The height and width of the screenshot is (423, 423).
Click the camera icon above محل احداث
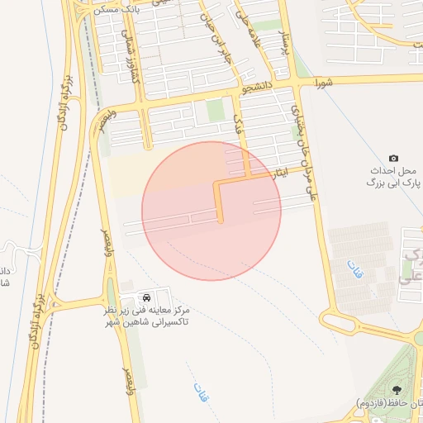pos(393,158)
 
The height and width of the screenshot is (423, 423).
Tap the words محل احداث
pos(395,171)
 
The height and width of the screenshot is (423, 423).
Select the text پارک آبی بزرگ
pos(395,183)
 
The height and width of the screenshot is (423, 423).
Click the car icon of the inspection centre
pos(146,295)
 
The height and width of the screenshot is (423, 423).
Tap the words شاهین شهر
pos(153,321)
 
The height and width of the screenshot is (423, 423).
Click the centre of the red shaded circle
pos(211,211)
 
